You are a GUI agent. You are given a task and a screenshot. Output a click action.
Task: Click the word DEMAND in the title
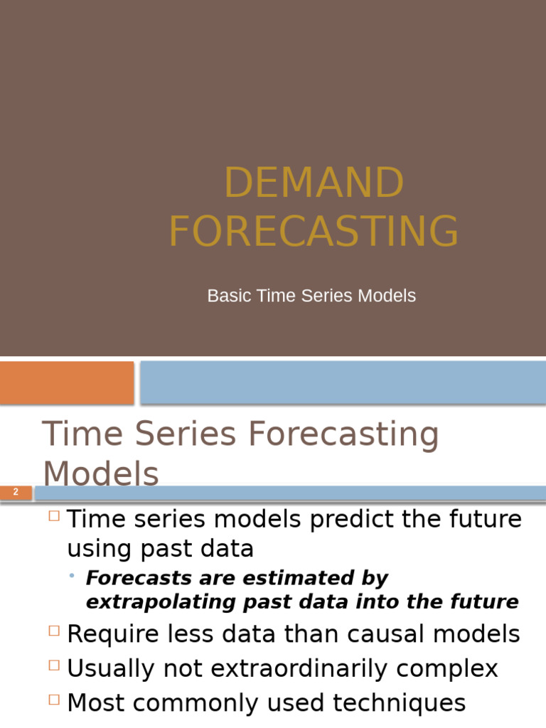(314, 183)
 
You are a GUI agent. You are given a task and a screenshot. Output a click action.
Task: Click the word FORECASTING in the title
(314, 231)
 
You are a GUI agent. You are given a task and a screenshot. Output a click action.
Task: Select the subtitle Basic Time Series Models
(311, 296)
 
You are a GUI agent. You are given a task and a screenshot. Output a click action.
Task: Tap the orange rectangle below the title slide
(66, 382)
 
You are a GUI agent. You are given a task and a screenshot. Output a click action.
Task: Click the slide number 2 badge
(16, 492)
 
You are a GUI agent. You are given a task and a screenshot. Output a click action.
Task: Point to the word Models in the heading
(100, 473)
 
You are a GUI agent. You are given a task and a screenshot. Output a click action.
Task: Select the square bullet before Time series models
(54, 517)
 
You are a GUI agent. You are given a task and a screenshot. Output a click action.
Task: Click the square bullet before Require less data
(54, 631)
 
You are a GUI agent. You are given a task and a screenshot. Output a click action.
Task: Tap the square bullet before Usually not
(54, 665)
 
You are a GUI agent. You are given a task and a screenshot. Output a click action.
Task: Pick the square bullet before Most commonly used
(54, 700)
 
